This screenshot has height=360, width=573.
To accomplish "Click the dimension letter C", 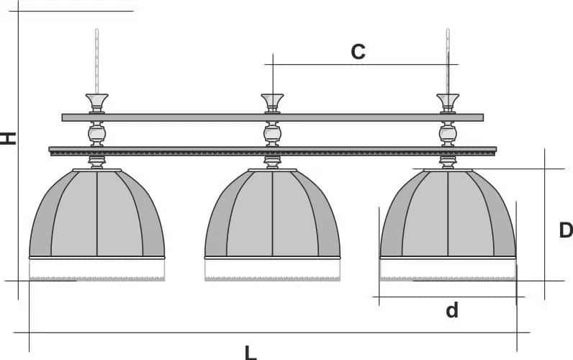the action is [358, 52].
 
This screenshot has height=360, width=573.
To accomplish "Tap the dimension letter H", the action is [8, 138].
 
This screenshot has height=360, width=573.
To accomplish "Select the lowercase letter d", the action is [452, 310].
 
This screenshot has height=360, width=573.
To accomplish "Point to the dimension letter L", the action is [251, 353].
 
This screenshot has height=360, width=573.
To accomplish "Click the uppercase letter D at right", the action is [566, 230].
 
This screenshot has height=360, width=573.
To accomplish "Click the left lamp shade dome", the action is [97, 213].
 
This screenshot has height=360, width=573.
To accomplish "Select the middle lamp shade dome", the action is [272, 213].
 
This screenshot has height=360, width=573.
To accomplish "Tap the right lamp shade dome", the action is [448, 213].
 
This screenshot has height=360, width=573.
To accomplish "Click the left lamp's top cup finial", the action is [97, 104].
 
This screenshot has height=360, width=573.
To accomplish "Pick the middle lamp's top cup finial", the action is [272, 104].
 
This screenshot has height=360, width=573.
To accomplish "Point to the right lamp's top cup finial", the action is [448, 104].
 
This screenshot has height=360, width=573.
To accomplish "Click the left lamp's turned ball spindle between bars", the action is [97, 134].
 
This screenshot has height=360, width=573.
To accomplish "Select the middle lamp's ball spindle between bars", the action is [272, 134].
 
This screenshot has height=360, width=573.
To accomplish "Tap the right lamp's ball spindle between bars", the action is [448, 134].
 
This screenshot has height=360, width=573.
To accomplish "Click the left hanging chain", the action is [97, 61].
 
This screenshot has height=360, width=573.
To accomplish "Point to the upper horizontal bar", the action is [273, 117].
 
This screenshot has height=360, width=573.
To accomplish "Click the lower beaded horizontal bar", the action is [273, 151].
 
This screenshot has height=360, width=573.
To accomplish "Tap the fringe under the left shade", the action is [97, 270].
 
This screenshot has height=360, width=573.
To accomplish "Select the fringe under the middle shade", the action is [272, 270].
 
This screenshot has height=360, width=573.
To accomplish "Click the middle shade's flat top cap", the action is [272, 171].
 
